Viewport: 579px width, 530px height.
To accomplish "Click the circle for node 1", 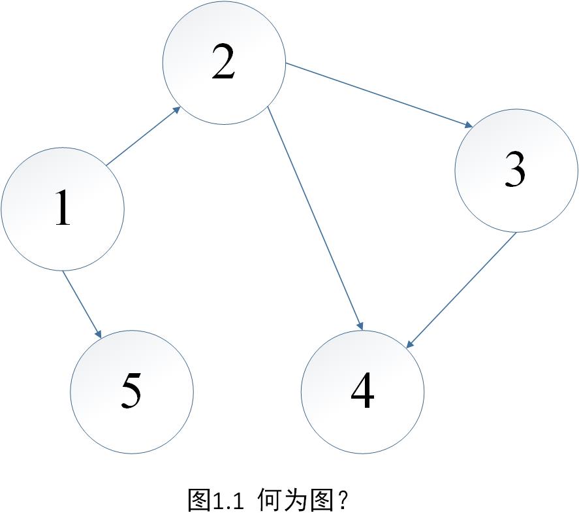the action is coord(63,209).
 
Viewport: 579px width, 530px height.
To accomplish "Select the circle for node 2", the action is coord(224,63).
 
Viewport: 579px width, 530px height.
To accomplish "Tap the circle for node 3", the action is coord(516,171).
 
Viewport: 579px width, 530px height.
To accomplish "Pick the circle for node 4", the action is coord(362,392).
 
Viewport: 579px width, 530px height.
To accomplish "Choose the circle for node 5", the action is coord(132,392).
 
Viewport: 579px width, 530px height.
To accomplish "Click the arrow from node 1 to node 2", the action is coord(144,136).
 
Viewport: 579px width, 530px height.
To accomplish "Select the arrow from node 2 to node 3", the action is coord(379,95).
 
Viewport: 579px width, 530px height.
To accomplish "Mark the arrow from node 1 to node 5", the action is coord(82,305).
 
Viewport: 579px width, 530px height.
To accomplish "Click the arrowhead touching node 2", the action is coord(176,110).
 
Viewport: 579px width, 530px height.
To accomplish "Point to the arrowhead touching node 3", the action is coord(467,125).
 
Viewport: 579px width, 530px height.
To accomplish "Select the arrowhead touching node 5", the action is coord(98,333).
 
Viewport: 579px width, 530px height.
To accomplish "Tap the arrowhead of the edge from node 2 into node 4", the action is coord(359,323).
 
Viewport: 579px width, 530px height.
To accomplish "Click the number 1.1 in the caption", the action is coord(227,502).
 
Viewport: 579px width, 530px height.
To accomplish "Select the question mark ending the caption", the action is coord(345,502).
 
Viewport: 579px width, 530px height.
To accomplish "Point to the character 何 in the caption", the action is coord(270,501).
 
